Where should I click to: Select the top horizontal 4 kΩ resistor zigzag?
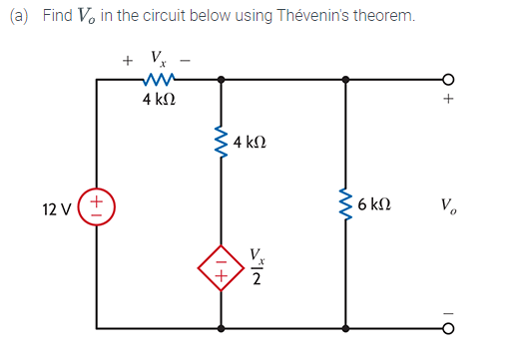click(x=160, y=79)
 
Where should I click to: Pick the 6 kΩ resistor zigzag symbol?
click(x=345, y=205)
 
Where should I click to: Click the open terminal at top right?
click(x=448, y=79)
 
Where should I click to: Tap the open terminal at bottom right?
click(x=448, y=327)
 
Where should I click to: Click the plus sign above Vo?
click(x=449, y=101)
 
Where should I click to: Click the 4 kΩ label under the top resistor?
click(x=161, y=101)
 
